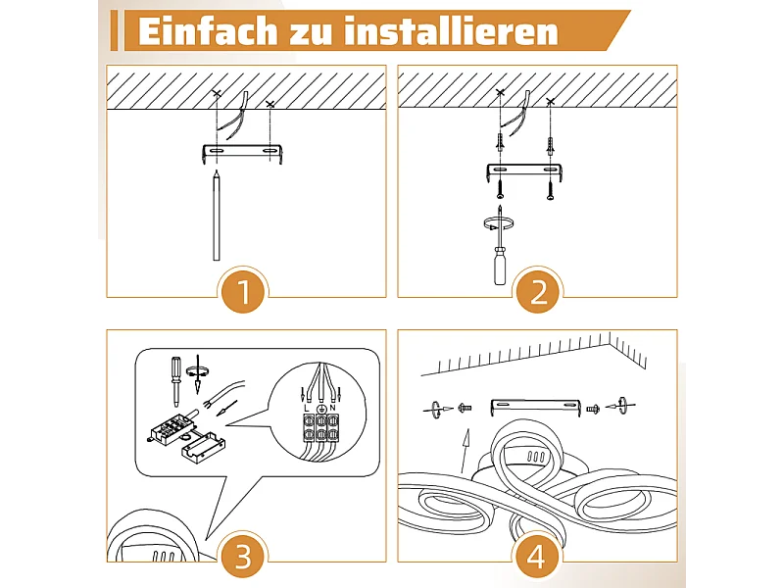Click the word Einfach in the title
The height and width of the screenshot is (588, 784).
tap(207, 31)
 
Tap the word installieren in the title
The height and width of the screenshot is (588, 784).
tap(451, 31)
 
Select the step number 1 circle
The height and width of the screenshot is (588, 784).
tap(243, 291)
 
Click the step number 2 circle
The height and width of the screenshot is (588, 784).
tap(538, 291)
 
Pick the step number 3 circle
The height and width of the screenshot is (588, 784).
tap(243, 556)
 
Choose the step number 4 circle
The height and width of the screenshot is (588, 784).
tap(536, 556)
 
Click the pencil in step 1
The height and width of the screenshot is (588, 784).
tap(217, 215)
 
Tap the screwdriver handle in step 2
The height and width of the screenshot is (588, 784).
tap(499, 269)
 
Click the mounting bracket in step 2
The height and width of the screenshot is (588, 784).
tap(526, 172)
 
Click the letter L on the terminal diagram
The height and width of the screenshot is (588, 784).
tap(307, 409)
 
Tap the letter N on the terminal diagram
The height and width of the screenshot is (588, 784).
tap(332, 409)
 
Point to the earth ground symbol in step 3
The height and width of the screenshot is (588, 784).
tap(321, 409)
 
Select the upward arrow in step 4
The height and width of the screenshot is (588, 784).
tap(465, 451)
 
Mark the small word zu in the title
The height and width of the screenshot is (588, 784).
tap(311, 33)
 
